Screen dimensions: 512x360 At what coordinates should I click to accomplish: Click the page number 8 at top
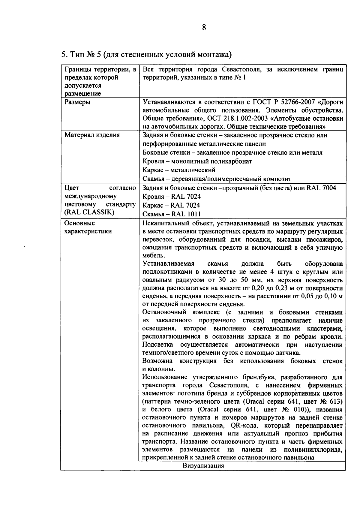(204, 28)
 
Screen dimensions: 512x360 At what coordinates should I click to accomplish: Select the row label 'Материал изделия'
(92, 135)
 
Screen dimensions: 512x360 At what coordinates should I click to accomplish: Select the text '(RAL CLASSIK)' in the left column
(85, 212)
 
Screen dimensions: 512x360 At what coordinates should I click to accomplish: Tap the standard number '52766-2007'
(301, 102)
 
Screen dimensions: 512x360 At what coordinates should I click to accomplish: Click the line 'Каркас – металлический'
(179, 170)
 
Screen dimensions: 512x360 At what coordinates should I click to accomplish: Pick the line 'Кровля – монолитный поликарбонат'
(197, 161)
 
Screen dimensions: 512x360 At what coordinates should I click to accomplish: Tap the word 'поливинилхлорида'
(313, 450)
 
